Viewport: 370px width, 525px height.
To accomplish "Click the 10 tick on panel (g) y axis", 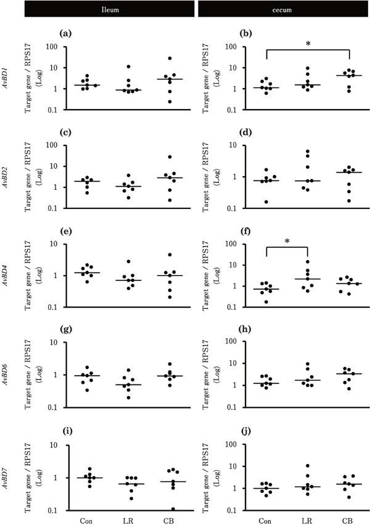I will (x=60, y=342).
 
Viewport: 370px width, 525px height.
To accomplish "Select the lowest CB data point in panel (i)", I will (x=173, y=509).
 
